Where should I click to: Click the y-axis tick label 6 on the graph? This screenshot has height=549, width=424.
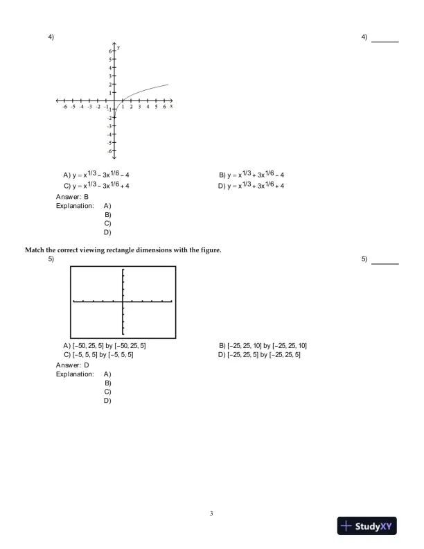[109, 51]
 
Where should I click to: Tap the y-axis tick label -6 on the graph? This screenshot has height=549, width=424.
[109, 150]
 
